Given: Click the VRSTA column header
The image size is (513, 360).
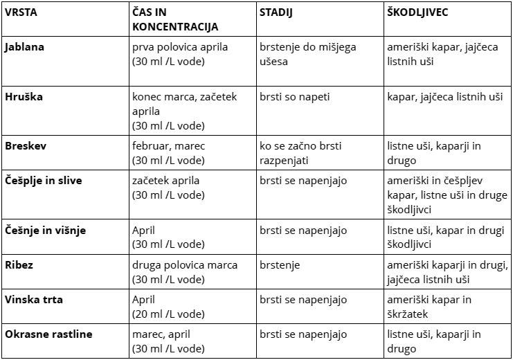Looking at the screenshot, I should (x=21, y=13).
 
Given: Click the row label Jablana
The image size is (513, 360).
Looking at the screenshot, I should (x=25, y=48).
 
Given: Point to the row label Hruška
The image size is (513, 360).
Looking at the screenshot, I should (x=24, y=97).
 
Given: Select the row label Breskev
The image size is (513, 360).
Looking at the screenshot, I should (x=26, y=146).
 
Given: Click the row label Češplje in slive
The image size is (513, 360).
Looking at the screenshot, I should (x=43, y=181).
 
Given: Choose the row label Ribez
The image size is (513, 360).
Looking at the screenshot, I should (x=19, y=265).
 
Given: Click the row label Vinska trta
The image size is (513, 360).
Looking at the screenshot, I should (x=33, y=300).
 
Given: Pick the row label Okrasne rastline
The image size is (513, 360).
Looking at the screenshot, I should (x=48, y=334).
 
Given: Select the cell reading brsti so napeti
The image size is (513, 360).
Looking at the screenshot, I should (x=296, y=97).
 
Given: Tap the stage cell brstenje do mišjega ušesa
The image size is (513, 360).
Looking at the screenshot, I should (x=308, y=54).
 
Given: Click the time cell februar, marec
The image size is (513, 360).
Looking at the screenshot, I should (x=169, y=146).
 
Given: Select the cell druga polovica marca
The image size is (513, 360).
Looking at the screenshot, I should (x=185, y=265).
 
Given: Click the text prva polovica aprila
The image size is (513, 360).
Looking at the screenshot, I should (x=179, y=48).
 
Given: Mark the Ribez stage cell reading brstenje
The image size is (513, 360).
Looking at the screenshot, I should (x=280, y=265).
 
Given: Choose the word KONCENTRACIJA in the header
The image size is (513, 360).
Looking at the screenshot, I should (x=174, y=27).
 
